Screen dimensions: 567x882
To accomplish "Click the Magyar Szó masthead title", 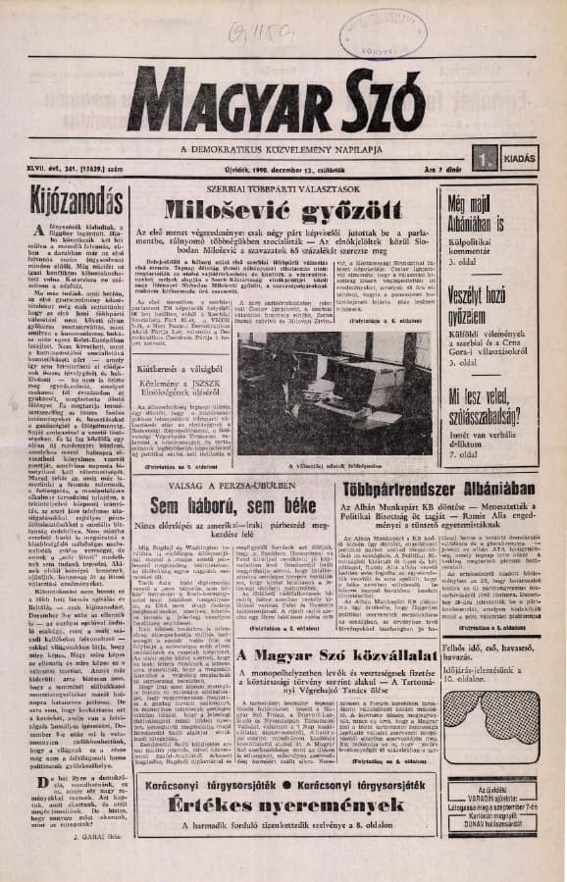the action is pyautogui.click(x=277, y=101).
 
